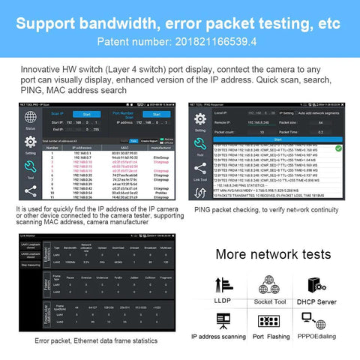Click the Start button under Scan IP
coord(86,115)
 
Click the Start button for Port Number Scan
coord(157,115)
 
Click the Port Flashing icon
coord(269,322)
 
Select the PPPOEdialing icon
coord(314,322)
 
